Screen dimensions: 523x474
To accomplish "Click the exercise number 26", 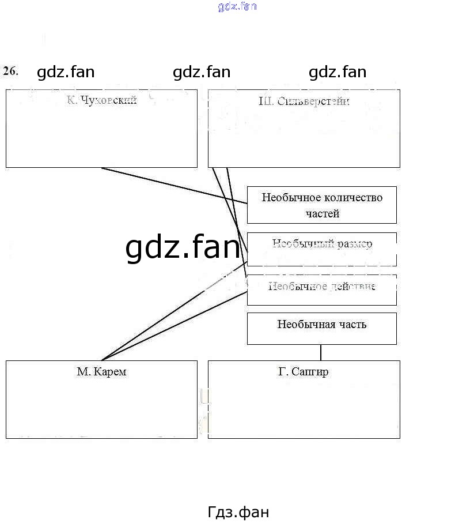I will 10,71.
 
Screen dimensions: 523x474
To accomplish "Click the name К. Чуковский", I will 101,101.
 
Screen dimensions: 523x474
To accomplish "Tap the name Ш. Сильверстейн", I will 304,101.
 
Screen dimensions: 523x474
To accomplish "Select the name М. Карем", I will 101,372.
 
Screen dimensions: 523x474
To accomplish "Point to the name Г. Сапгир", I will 304,372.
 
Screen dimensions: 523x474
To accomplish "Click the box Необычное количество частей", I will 321,205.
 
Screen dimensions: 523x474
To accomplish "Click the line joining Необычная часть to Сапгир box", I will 321,352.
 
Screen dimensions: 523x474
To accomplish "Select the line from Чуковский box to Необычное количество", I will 173,185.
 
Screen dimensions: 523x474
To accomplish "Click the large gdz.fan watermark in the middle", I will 182,247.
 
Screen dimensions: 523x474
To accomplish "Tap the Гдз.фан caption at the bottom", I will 237,512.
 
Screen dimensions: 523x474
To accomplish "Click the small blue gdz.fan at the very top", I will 237,7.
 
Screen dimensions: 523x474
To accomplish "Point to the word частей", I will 322,213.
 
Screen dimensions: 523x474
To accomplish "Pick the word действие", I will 351,286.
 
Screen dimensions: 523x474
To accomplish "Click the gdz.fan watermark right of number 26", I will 65,72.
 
